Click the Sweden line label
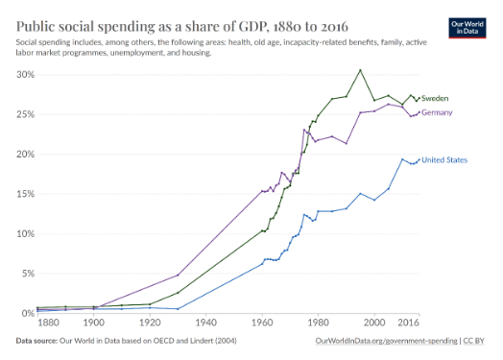[x=435, y=98]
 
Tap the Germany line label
[x=437, y=112]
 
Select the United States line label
[x=444, y=159]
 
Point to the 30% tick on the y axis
[x=25, y=75]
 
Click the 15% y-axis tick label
[x=25, y=194]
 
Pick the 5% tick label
[x=28, y=274]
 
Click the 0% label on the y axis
[x=28, y=313]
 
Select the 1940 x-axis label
[x=206, y=323]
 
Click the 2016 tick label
[x=408, y=323]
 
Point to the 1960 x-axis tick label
[x=262, y=323]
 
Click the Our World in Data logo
[x=467, y=28]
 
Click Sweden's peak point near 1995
[x=360, y=70]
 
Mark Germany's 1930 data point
[x=178, y=275]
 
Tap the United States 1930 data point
[x=178, y=309]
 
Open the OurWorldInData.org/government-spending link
[x=386, y=341]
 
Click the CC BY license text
[x=473, y=341]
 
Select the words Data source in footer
[x=36, y=341]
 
